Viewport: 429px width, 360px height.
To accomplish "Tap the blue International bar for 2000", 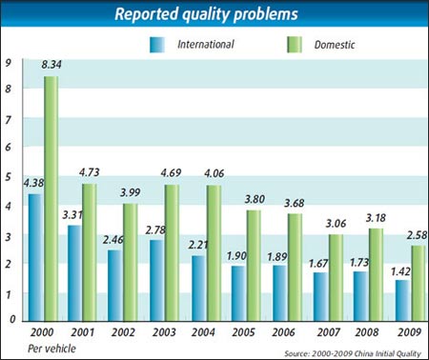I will (34, 257).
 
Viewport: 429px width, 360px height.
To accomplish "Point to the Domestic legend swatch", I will (296, 44).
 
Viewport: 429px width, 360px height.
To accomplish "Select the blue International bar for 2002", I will (114, 286).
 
